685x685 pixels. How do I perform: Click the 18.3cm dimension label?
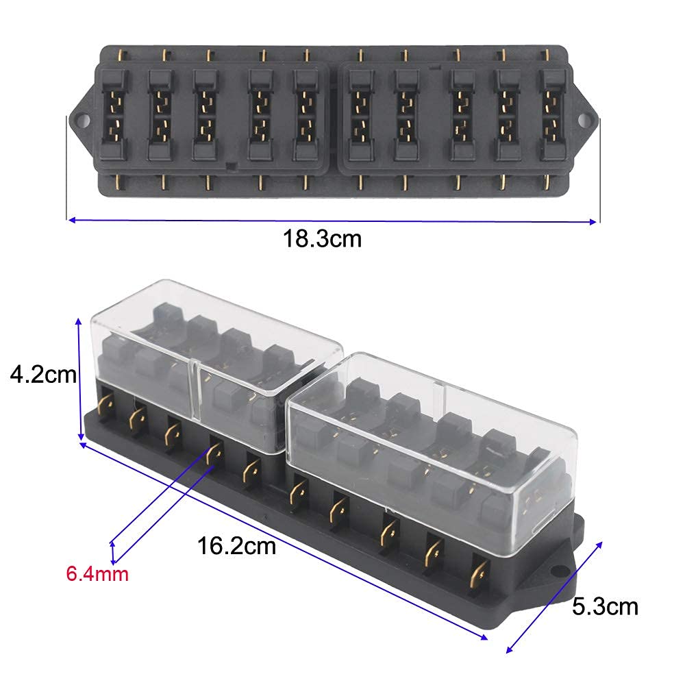point(323,239)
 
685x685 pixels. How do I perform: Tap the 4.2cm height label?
point(43,375)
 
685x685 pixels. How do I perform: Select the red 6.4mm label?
point(97,573)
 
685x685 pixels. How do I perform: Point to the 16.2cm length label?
point(236,546)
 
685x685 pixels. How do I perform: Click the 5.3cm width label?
point(605,607)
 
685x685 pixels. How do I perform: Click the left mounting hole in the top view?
point(82,120)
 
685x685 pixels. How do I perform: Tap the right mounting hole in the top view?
point(584,120)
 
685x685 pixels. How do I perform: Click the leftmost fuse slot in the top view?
point(114,114)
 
